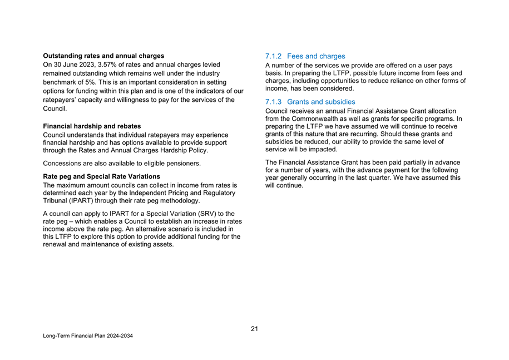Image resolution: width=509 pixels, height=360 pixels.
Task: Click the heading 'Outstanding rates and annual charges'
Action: (x=103, y=56)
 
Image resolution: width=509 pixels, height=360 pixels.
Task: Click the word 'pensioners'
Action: (x=184, y=163)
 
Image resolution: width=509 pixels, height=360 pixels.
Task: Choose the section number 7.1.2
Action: (x=275, y=56)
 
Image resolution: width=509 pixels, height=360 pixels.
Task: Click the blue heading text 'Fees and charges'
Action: (x=316, y=56)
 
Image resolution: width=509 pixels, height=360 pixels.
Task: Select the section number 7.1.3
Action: (x=275, y=102)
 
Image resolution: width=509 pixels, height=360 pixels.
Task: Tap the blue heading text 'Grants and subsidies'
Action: (x=321, y=102)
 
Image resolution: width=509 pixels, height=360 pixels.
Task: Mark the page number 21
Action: (x=254, y=329)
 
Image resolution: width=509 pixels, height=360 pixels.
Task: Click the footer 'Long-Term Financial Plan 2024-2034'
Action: (x=88, y=337)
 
